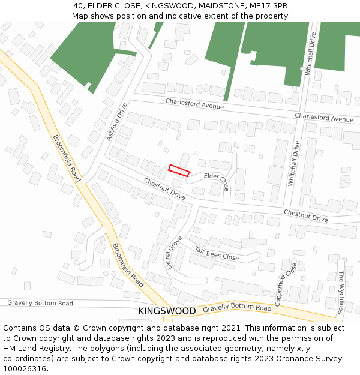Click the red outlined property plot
pos(179,170)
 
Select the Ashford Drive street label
pos(117,122)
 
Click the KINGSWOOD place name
pos(167,311)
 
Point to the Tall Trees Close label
pos(217,253)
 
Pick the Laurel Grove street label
pos(174,252)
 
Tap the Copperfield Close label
pos(286,284)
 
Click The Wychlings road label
pos(341,292)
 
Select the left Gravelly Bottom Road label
pos(40,304)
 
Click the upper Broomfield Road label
pos(66,158)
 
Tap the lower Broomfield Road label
pos(128,265)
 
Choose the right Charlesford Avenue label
pos(324,118)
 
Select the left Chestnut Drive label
pos(164,188)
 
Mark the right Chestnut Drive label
pos(305,216)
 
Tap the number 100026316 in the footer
pos(26,369)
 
